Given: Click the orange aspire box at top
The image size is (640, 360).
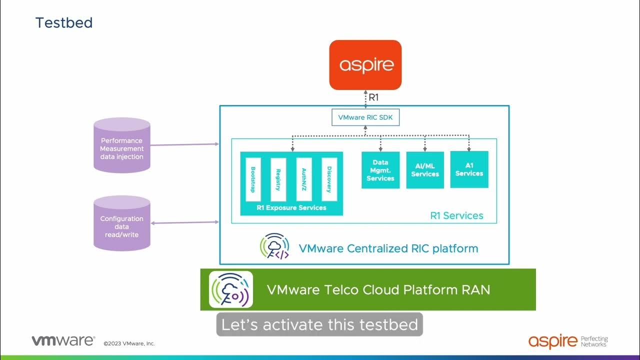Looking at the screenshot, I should [x=365, y=65].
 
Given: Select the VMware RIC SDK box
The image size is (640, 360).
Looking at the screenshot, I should [x=365, y=118].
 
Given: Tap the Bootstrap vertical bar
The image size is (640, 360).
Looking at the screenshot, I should [x=253, y=179].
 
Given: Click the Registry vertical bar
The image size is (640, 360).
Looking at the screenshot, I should [x=278, y=179].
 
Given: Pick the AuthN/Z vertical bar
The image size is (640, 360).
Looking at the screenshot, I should [x=304, y=179].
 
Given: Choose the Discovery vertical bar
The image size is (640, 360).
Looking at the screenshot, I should [x=329, y=179].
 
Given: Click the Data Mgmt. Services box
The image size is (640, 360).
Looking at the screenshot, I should [x=380, y=170].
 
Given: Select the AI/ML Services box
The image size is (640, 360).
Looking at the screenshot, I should [x=425, y=170].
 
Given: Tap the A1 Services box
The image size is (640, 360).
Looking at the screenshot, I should [x=469, y=169].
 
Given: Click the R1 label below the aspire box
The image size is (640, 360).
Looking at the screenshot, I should [x=373, y=97].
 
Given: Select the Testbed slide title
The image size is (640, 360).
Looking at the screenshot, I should [x=64, y=23].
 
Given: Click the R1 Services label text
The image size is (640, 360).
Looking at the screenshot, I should [x=456, y=215].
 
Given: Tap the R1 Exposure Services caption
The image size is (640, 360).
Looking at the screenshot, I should [x=291, y=207].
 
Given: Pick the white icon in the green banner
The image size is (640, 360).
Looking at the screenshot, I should [x=231, y=289].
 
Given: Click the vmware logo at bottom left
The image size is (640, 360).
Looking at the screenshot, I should [x=63, y=341].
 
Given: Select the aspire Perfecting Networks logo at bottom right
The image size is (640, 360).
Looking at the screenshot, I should [x=568, y=341].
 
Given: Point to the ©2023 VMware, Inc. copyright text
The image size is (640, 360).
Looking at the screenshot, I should [x=129, y=343].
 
